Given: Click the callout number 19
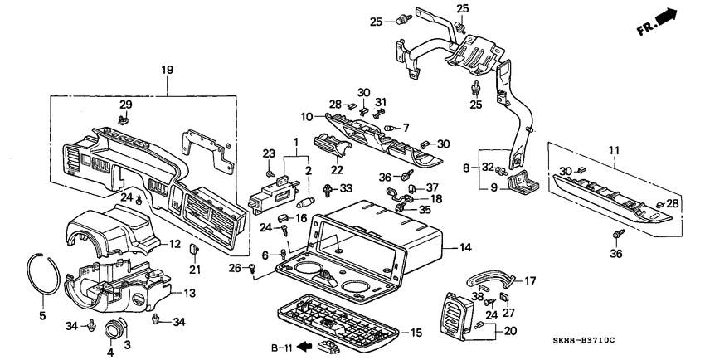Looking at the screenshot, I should point(168,71).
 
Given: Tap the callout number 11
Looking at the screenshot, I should point(615,149).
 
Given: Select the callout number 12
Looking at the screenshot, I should point(175,244).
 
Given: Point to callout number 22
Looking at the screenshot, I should point(337,170).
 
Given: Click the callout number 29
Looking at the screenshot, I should point(125,104).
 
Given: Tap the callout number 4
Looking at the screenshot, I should point(107,351).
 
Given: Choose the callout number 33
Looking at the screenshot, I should point(347,188).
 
